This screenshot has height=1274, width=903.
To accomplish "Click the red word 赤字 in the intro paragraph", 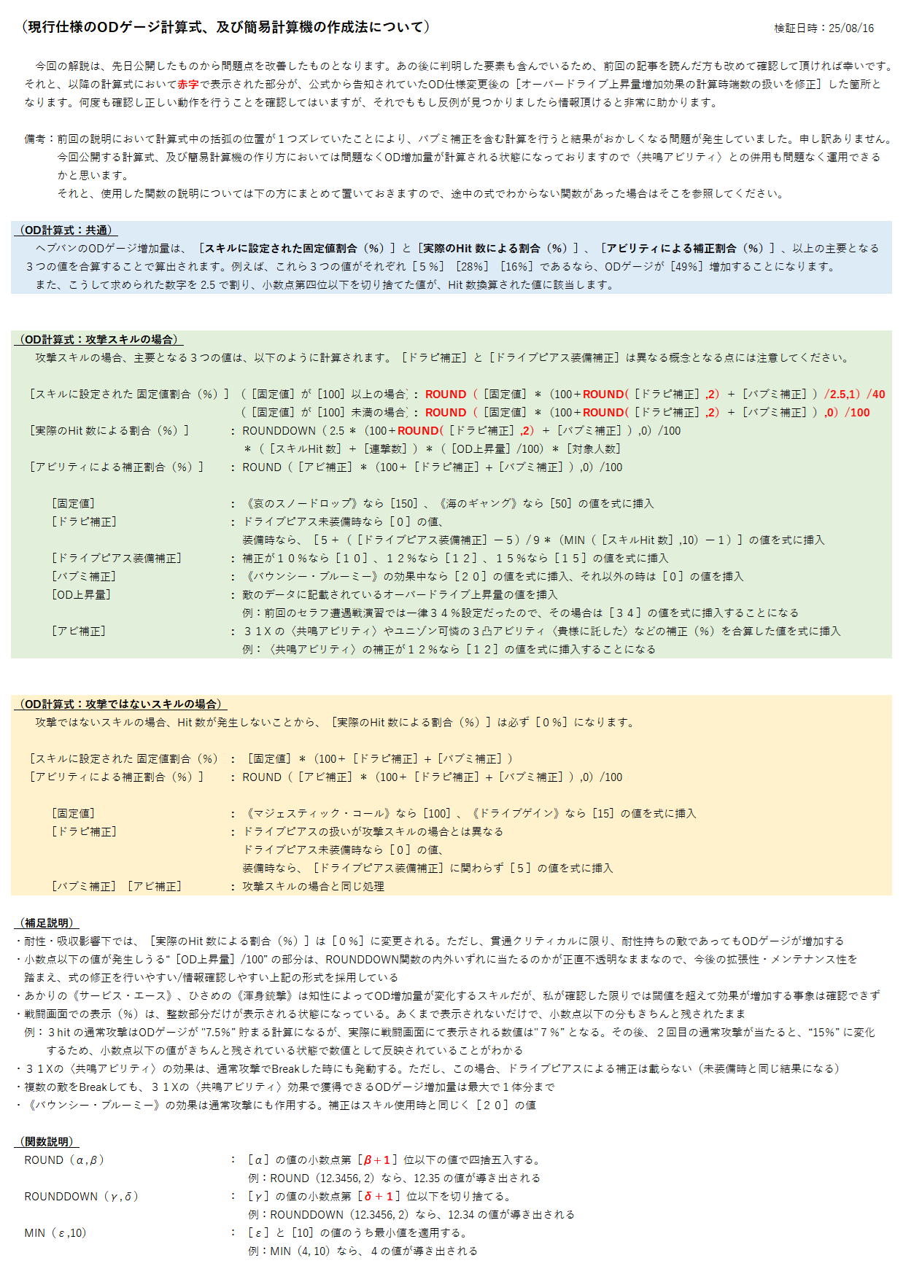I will tap(187, 85).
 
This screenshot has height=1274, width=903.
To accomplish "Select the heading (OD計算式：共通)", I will tap(65, 230).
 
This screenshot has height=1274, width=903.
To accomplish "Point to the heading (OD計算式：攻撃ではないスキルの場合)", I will tap(121, 704).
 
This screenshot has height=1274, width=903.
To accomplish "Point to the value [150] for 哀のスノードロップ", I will tap(404, 504).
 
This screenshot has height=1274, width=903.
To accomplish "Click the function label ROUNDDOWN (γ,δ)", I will tap(81, 1197).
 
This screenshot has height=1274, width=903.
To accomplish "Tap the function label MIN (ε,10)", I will tap(55, 1233).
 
